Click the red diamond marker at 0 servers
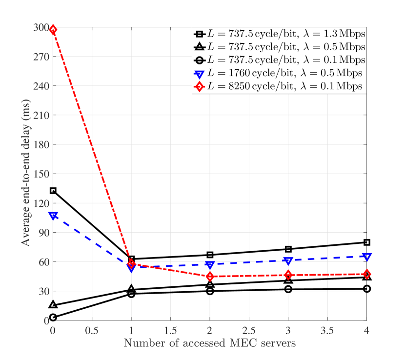(53, 30)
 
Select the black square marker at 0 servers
(53, 191)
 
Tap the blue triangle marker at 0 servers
(53, 215)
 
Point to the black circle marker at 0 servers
(53, 318)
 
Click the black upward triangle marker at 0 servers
(53, 305)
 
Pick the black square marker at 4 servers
(366, 242)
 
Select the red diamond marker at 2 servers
(210, 277)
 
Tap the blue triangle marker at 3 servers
(288, 261)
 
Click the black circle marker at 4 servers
(366, 289)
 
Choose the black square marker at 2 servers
(210, 255)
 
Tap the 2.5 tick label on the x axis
(249, 330)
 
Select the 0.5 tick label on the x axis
(92, 330)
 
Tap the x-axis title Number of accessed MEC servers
(210, 343)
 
